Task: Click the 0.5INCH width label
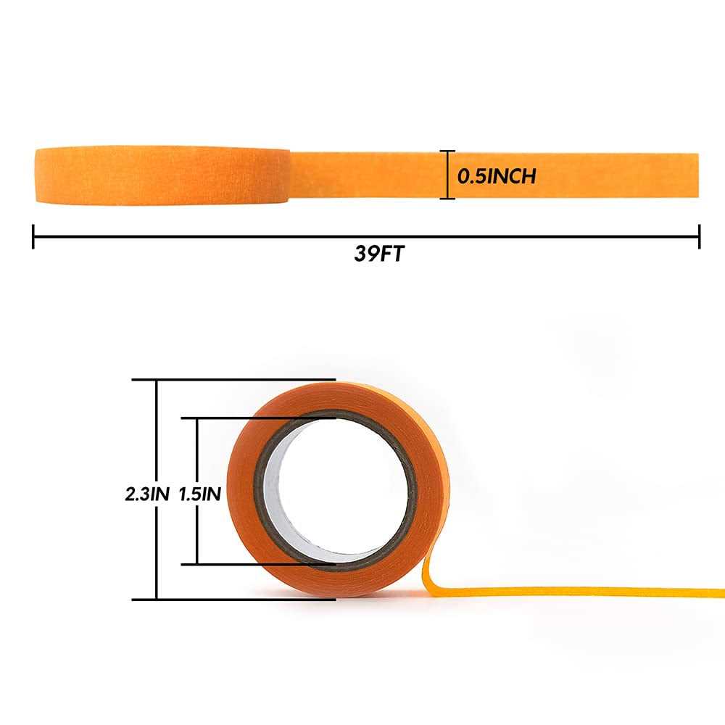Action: pos(497,175)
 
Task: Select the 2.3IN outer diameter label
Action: pos(146,494)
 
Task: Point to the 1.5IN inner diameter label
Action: pos(200,494)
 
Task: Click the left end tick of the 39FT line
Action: pos(33,236)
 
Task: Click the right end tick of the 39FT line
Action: pos(699,236)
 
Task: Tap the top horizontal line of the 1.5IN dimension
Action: pos(254,418)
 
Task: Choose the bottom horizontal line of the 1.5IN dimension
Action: pos(254,563)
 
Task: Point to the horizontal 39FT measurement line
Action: pos(217,236)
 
